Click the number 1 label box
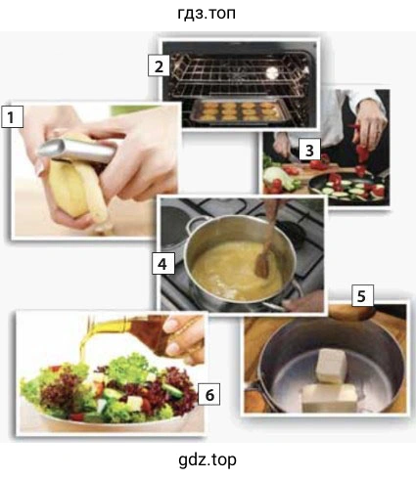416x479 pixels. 12,116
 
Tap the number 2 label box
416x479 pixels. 159,66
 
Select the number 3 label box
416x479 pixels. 309,150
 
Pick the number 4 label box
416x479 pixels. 163,263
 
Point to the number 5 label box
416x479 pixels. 362,296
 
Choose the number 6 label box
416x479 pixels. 209,394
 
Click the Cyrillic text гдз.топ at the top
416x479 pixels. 207,14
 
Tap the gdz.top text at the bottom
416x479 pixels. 208,460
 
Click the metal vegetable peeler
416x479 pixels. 78,150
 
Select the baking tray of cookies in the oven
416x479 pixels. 238,110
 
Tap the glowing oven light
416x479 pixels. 271,72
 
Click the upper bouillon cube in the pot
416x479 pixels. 330,365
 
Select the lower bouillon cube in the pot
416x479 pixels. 328,398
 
